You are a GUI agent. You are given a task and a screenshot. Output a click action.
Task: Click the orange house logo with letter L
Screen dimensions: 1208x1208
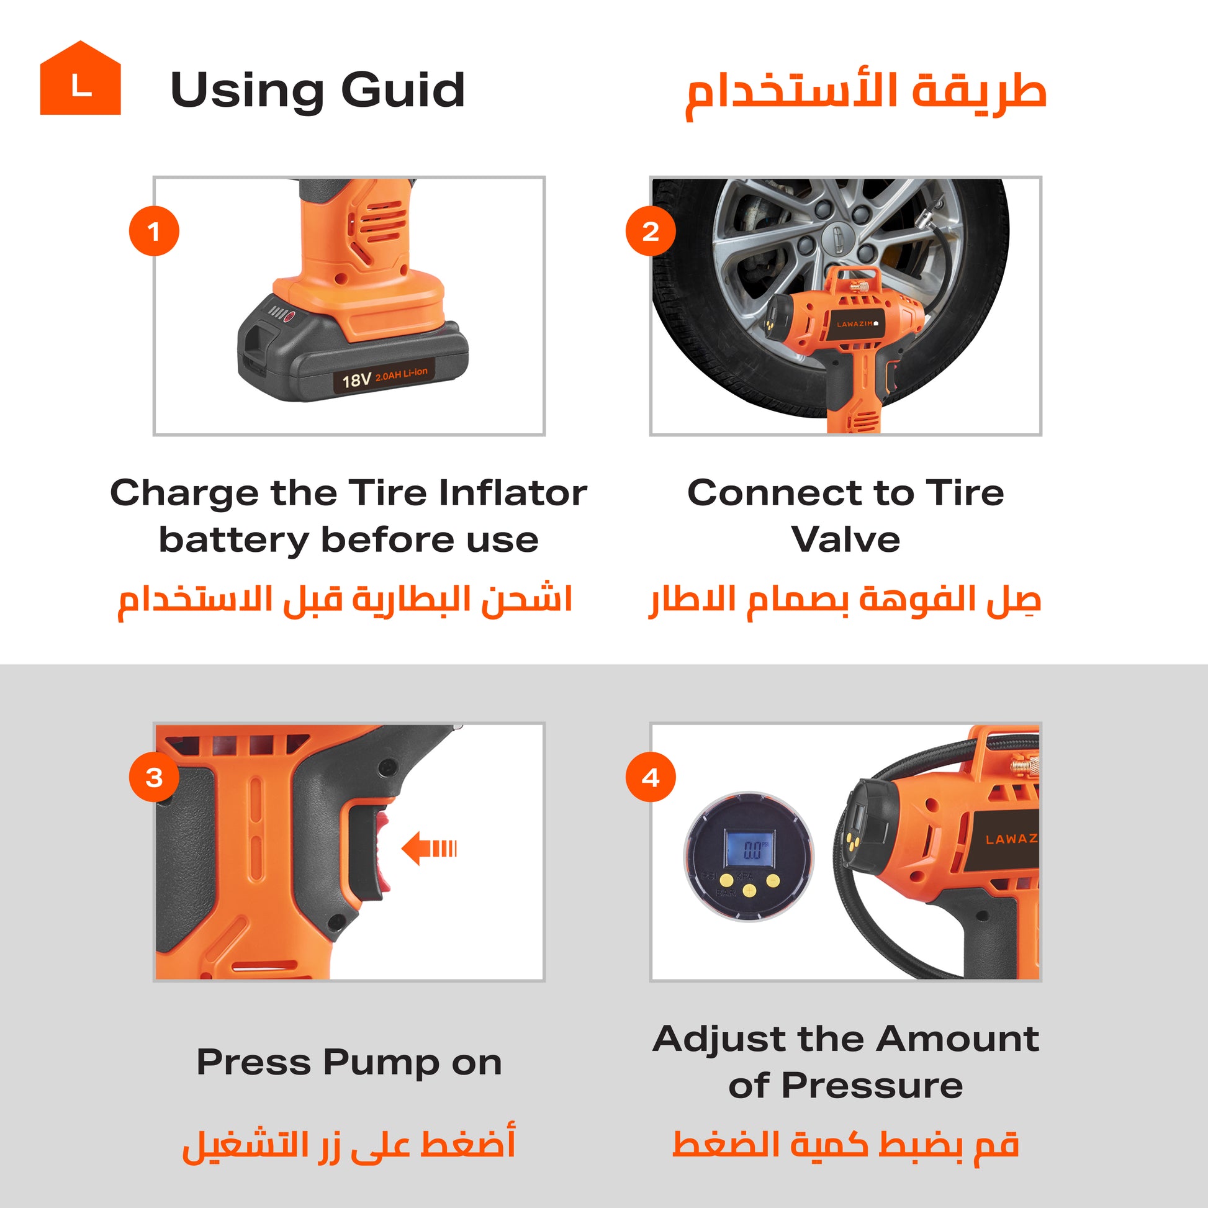[80, 78]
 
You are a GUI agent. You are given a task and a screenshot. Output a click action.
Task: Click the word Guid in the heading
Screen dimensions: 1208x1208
[403, 89]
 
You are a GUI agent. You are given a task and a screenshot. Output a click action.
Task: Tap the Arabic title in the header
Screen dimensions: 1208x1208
[866, 94]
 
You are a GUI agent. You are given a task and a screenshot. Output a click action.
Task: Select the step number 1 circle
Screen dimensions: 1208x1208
[154, 231]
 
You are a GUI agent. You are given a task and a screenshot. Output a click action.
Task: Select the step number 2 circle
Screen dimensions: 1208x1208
[651, 231]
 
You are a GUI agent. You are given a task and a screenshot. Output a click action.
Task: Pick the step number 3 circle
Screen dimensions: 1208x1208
[154, 777]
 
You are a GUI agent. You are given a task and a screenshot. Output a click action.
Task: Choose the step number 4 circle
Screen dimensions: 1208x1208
[651, 777]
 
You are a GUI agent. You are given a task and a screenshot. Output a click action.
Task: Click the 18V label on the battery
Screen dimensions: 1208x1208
[356, 379]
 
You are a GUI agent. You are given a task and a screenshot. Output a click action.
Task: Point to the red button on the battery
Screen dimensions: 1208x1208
[289, 317]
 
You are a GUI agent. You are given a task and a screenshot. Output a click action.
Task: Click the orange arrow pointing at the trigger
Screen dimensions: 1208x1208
[429, 849]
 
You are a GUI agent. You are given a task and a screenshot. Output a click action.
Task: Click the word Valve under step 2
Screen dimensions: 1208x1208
[845, 539]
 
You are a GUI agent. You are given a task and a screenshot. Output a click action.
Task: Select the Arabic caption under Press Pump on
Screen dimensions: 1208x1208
[348, 1143]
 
